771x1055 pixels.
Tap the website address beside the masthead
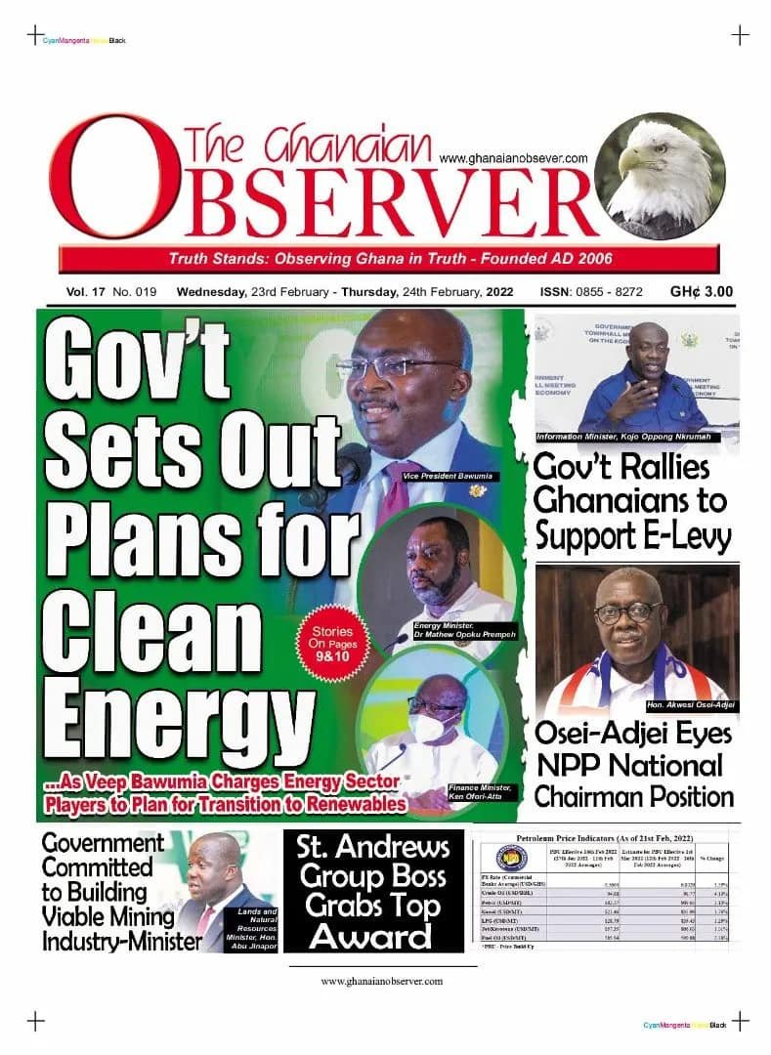[x=512, y=157]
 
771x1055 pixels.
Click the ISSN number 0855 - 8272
[x=607, y=291]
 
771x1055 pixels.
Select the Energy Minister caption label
[x=463, y=629]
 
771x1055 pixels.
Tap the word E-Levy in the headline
[x=680, y=536]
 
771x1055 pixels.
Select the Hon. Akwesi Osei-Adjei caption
[x=690, y=704]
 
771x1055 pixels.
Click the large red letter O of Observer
[x=98, y=181]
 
